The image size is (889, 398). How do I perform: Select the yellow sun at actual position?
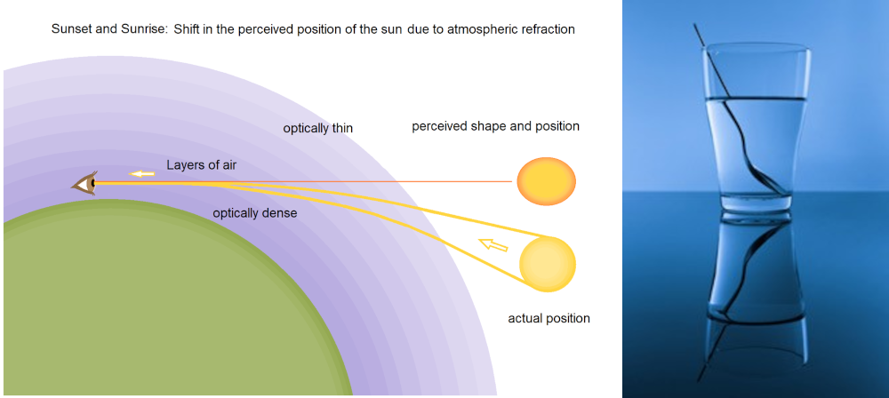pos(548,264)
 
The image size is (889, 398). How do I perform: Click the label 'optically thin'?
pos(318,129)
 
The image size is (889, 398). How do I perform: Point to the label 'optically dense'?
pos(254,214)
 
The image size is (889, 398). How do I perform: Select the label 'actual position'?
pos(549,318)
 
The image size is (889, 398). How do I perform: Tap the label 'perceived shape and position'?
pos(495,126)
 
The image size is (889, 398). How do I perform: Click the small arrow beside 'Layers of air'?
pos(141,173)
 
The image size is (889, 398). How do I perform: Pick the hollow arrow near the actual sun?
pos(493,244)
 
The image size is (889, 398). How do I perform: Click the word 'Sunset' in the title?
pos(69,29)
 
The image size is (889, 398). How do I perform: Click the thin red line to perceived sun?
pos(370,181)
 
